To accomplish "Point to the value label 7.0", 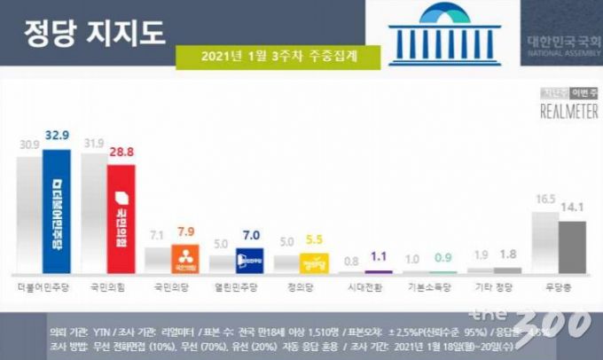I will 249,235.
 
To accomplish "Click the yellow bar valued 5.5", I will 314,262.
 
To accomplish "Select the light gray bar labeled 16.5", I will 544,239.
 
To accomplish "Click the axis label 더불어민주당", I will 43,288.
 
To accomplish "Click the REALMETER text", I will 566,111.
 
